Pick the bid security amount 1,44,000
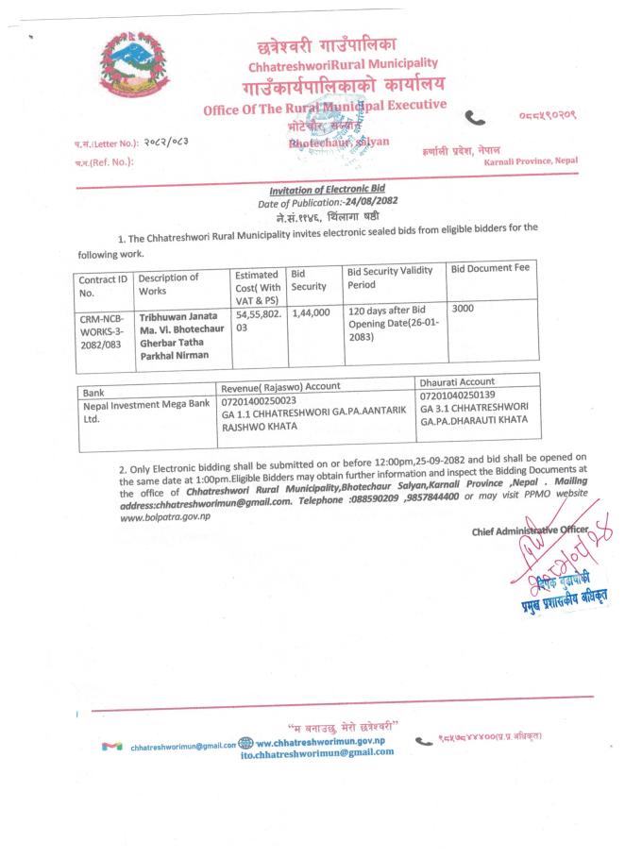point(312,310)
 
